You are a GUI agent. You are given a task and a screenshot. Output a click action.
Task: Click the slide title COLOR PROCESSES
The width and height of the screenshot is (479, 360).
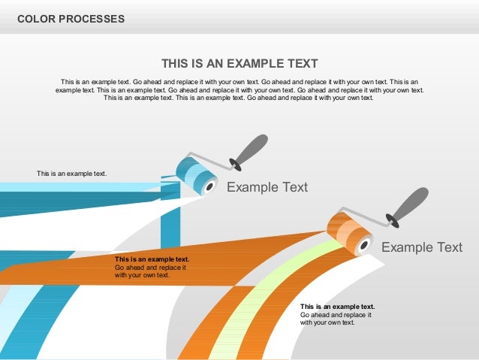pyautogui.click(x=71, y=18)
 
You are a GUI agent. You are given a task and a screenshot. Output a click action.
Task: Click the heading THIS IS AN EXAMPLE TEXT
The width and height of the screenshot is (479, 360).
pyautogui.click(x=239, y=64)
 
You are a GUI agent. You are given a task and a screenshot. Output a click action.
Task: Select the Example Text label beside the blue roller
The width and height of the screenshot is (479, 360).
pyautogui.click(x=267, y=187)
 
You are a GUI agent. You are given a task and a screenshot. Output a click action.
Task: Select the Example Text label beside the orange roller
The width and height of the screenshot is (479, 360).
pyautogui.click(x=422, y=247)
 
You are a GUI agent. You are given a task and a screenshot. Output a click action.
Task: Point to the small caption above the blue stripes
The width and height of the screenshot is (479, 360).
pyautogui.click(x=72, y=174)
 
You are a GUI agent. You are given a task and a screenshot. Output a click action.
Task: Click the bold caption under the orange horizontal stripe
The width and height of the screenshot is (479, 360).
pyautogui.click(x=152, y=259)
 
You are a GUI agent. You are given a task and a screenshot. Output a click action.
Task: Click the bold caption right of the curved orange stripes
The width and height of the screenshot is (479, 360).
pyautogui.click(x=337, y=307)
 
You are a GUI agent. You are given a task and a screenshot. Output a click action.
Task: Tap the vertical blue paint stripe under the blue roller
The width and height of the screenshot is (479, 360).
pyautogui.click(x=170, y=225)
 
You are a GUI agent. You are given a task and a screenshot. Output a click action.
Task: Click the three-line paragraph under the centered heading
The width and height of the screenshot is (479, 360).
pyautogui.click(x=239, y=89)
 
